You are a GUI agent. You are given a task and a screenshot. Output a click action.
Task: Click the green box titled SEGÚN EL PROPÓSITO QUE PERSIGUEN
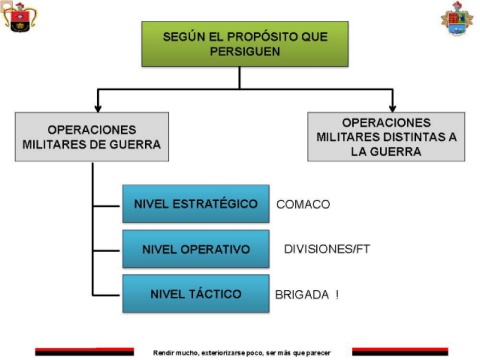coord(245,44)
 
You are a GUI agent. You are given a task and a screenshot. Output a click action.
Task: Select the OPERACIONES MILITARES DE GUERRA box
coord(92,137)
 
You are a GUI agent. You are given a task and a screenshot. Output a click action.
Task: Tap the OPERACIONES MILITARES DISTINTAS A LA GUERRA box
coord(386,137)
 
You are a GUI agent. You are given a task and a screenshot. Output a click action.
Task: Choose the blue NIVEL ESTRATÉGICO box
coord(196,204)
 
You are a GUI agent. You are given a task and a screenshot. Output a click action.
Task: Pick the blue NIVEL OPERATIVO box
coord(196,249)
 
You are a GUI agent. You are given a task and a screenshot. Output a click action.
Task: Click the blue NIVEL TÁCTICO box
coord(196,294)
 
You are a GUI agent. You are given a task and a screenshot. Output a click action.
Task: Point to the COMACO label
coord(303,204)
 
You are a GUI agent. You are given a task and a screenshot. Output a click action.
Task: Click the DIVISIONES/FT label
coord(327,249)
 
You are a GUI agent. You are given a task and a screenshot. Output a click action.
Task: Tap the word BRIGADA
coord(302,295)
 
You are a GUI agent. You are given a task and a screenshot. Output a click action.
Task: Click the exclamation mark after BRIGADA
coord(337,295)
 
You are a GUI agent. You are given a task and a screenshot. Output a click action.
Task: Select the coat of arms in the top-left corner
coord(19,17)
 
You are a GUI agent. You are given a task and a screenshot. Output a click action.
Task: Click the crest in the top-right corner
coord(457,18)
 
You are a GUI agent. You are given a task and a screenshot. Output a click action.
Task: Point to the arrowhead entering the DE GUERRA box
coord(98,108)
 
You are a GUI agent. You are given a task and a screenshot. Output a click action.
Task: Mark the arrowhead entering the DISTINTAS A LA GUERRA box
coord(393,108)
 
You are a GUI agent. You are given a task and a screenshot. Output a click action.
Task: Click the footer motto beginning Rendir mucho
coord(242,353)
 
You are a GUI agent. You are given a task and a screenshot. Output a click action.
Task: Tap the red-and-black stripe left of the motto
coord(84,352)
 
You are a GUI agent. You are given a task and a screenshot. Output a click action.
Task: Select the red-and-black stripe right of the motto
coord(400,352)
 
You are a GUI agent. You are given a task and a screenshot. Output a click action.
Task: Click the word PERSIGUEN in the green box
coord(245,52)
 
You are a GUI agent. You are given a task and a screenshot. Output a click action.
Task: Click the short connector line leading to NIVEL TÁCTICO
coord(106,295)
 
